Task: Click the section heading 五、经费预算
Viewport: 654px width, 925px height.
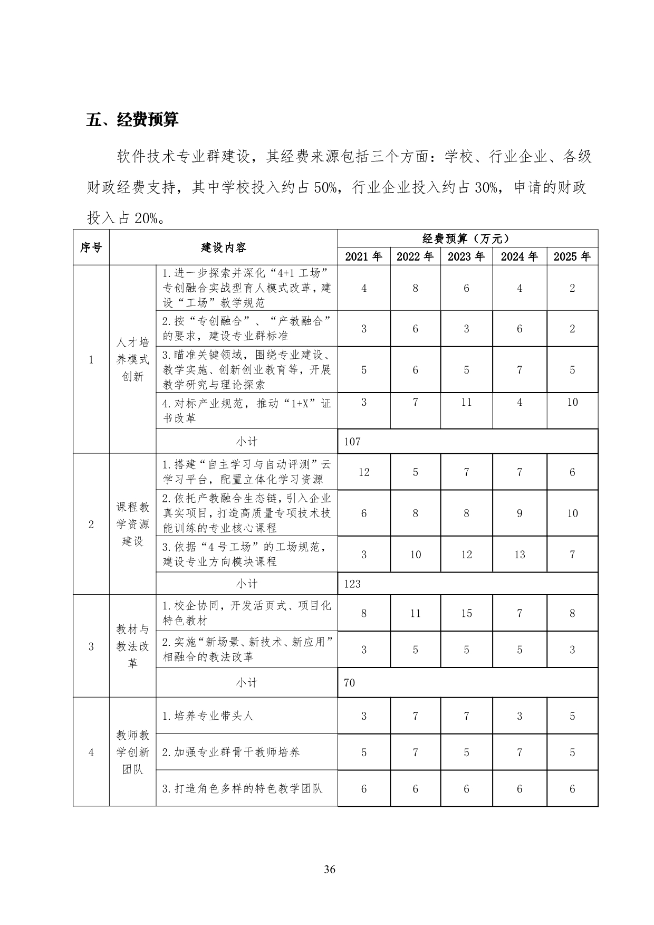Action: [x=132, y=119]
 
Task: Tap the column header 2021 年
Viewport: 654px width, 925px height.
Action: [x=363, y=256]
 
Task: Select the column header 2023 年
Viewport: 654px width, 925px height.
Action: [x=466, y=256]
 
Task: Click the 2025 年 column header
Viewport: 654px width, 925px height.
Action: [x=572, y=256]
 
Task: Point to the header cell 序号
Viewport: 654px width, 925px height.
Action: [x=91, y=247]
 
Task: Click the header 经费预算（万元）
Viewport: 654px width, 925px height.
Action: [x=467, y=239]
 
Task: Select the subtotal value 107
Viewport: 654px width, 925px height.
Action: [x=352, y=441]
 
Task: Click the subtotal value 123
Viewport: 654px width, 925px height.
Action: [x=352, y=584]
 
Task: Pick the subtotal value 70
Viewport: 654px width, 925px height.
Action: [x=349, y=683]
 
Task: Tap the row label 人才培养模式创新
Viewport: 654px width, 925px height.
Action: [x=132, y=359]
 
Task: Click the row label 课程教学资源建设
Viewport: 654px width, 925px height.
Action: [x=132, y=524]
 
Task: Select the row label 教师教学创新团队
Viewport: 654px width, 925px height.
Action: [x=132, y=752]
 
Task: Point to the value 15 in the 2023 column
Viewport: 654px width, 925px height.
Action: [x=466, y=613]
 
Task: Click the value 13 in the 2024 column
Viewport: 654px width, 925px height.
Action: [x=520, y=555]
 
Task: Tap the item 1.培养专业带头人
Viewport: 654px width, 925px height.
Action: [x=208, y=716]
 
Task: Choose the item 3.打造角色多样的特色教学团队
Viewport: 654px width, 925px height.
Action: [x=242, y=789]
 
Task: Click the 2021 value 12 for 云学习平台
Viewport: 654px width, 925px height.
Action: [x=364, y=472]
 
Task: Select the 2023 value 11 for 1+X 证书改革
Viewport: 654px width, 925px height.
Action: [x=466, y=402]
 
